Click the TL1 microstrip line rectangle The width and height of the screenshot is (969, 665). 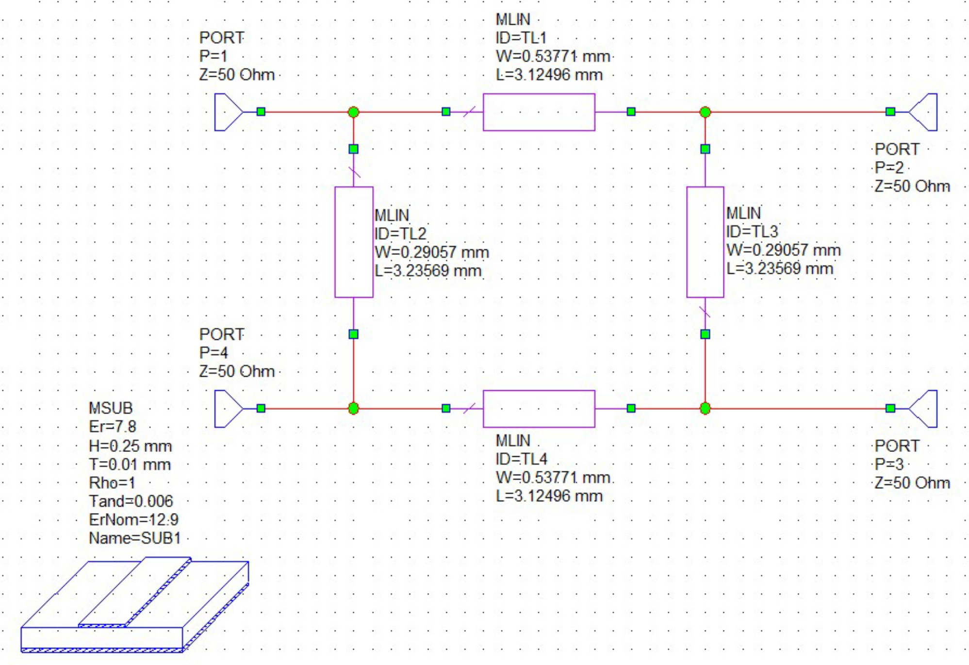tap(539, 112)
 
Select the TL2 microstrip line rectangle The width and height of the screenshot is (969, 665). tap(354, 242)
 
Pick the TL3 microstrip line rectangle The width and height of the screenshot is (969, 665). tap(705, 242)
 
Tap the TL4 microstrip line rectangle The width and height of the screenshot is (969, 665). tap(539, 409)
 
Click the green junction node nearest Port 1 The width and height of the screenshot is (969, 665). tap(354, 112)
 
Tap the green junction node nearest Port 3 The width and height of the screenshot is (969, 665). tap(705, 409)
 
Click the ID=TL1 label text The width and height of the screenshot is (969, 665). tap(521, 38)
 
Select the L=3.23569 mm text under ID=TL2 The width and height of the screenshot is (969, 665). tap(428, 271)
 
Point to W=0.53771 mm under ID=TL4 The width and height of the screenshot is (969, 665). tap(553, 478)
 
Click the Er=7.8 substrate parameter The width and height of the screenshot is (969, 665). tap(113, 427)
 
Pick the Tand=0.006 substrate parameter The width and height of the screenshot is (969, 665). tap(131, 501)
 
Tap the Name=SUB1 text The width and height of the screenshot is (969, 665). tap(134, 538)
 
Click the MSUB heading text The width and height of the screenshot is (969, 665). tap(111, 408)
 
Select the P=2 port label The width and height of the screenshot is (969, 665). tap(889, 168)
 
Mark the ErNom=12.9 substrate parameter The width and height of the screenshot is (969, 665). tap(133, 520)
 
